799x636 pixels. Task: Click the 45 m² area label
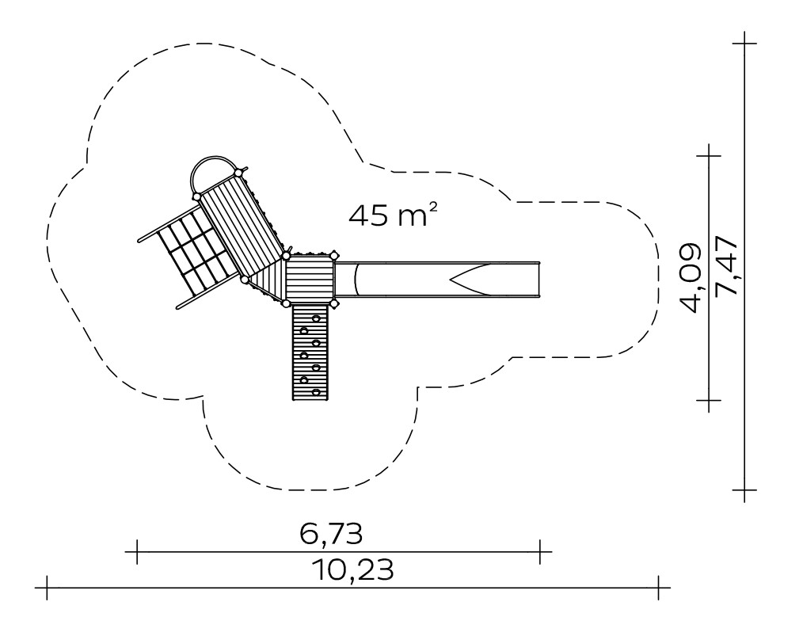tap(393, 215)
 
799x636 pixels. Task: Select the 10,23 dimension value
tap(353, 569)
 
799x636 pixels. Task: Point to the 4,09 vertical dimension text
tap(691, 278)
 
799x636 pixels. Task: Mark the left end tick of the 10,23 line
tap(47, 588)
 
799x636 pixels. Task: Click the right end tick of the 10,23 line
tap(659, 588)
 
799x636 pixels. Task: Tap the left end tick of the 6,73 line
tap(137, 551)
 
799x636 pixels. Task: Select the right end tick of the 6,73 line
tap(540, 551)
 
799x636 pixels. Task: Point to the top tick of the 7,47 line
tap(745, 44)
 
